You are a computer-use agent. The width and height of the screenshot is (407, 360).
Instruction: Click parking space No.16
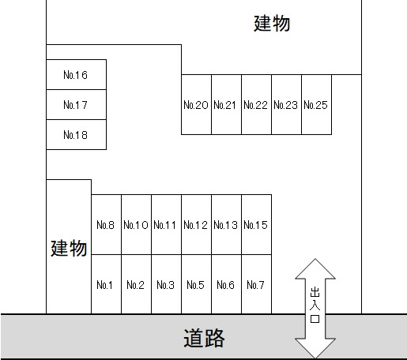(77, 75)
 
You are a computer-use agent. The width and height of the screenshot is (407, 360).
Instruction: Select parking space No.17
(77, 105)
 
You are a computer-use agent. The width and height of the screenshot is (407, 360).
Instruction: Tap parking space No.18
(77, 135)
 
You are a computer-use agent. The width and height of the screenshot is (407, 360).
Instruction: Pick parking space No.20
(196, 105)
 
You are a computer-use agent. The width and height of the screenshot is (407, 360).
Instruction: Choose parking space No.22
(256, 105)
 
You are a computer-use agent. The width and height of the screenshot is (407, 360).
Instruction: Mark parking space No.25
(316, 105)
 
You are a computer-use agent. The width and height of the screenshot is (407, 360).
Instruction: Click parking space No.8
(107, 225)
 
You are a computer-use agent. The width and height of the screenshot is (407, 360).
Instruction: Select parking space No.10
(137, 225)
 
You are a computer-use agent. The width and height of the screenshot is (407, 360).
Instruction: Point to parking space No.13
(226, 225)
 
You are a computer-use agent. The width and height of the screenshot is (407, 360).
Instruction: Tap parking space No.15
(256, 225)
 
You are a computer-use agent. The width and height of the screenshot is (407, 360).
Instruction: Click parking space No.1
(107, 284)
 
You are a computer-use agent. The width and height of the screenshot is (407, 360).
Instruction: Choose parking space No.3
(167, 284)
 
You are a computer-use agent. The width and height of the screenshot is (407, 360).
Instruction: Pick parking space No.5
(196, 284)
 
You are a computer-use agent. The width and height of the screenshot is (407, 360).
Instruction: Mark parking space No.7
(256, 284)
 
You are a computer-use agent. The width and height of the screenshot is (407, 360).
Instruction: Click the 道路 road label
(204, 338)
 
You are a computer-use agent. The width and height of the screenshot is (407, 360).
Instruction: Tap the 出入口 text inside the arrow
(315, 306)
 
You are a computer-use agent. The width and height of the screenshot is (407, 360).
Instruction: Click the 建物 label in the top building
(272, 24)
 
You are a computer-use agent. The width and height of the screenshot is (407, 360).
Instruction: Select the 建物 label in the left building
(69, 248)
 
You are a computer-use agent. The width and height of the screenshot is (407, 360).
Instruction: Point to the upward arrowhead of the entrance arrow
(315, 268)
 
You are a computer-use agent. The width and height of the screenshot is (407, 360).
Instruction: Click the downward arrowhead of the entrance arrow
(315, 348)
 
